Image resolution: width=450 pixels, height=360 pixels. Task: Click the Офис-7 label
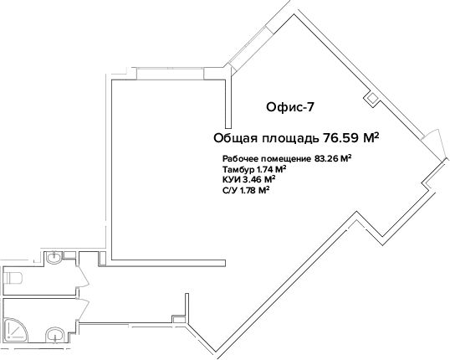(x=290, y=107)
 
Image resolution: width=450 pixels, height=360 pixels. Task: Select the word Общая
(x=236, y=138)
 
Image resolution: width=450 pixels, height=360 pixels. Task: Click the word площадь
(x=290, y=139)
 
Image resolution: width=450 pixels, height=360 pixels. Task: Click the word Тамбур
(x=238, y=168)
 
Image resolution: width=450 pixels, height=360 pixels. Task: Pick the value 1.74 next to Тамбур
(x=263, y=168)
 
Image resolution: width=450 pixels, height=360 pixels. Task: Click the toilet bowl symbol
(x=13, y=278)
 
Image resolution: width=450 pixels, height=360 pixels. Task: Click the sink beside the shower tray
(x=55, y=335)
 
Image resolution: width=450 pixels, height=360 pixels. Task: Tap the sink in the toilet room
(x=54, y=257)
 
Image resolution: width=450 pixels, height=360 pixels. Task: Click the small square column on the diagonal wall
(x=372, y=99)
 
